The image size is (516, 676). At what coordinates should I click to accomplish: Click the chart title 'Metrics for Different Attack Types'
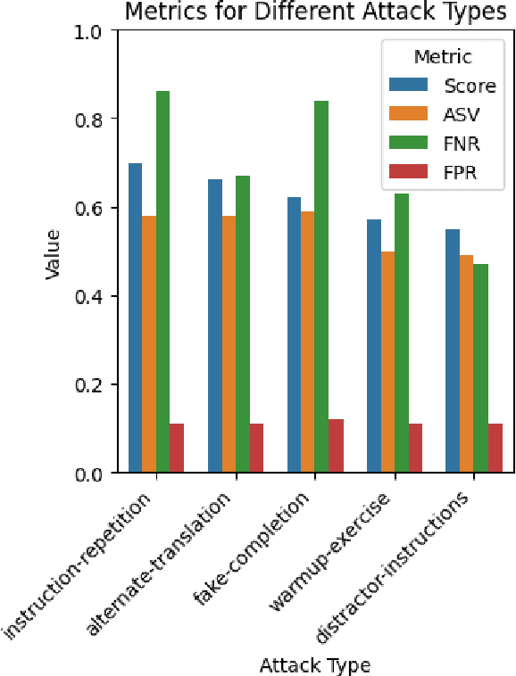(x=314, y=12)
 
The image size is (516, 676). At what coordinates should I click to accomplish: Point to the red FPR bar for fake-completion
(x=336, y=446)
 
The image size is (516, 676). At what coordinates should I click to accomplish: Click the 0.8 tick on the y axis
(x=92, y=119)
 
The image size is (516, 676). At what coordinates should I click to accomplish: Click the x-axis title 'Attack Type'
(x=314, y=664)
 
